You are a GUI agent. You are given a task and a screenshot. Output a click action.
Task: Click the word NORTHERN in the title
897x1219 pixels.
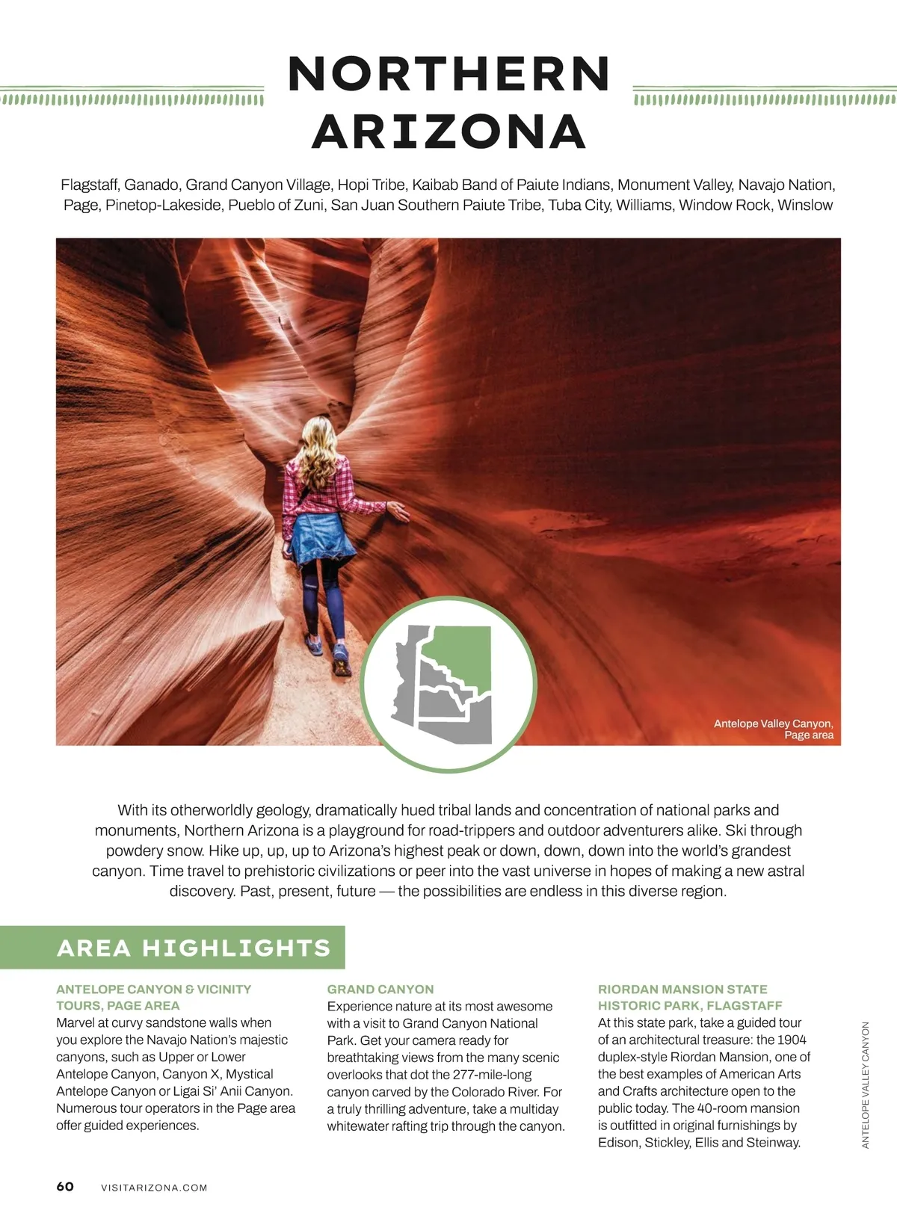click(x=449, y=74)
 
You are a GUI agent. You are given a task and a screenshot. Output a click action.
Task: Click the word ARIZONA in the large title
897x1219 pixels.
click(x=449, y=132)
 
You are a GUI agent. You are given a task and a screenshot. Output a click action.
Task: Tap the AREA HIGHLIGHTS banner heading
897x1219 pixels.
click(x=194, y=948)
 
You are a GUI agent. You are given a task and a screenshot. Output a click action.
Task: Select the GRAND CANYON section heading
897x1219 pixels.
click(x=380, y=989)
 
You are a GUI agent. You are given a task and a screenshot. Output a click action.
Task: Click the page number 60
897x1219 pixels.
click(x=65, y=1187)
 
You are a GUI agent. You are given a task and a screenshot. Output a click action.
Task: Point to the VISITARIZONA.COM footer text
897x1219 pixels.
click(x=154, y=1188)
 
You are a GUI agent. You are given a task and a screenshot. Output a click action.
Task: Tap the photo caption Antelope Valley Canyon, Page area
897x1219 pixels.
click(x=774, y=729)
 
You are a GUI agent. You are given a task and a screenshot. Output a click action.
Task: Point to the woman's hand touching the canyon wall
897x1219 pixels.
click(x=397, y=512)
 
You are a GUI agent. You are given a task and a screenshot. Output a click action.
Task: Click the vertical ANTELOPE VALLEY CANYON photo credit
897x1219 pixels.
click(x=866, y=1084)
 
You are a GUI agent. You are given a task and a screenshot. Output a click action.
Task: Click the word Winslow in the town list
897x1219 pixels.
click(x=805, y=205)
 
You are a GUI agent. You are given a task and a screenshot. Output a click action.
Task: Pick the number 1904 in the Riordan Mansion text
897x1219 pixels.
click(x=792, y=1040)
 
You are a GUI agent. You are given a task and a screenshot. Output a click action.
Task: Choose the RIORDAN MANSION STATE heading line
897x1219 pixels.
click(x=682, y=989)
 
